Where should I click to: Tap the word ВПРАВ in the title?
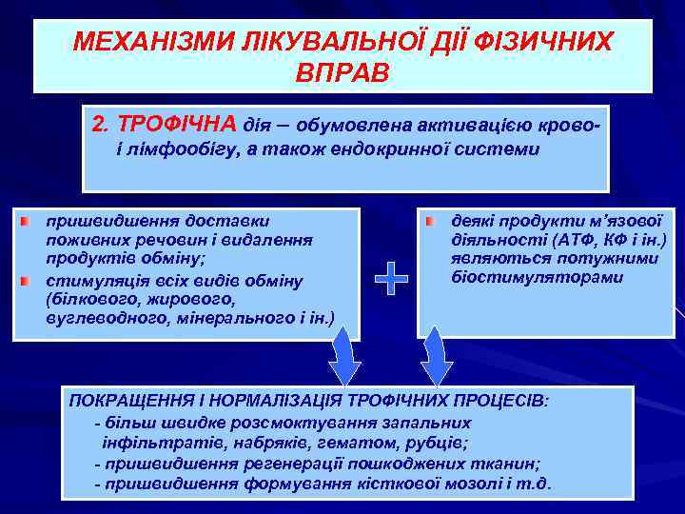click(x=342, y=73)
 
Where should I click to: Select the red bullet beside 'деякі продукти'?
click(x=429, y=221)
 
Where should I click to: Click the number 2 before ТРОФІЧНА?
click(x=99, y=125)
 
